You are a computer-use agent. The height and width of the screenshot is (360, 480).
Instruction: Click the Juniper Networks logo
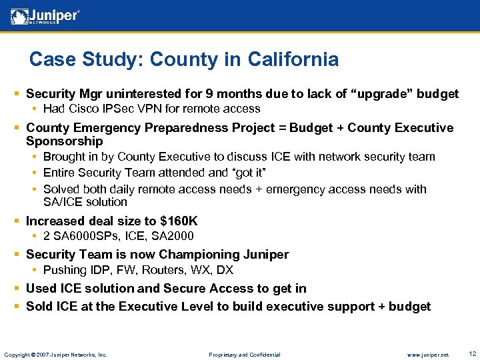(x=45, y=17)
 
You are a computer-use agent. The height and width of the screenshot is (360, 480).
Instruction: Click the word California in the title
(x=293, y=59)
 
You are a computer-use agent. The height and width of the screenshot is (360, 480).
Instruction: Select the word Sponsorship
(x=64, y=141)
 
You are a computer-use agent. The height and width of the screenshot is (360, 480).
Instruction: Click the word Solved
(x=61, y=189)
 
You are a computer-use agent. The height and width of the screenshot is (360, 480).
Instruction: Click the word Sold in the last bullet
(x=39, y=306)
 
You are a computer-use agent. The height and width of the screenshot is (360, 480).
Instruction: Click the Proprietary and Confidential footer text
(x=244, y=354)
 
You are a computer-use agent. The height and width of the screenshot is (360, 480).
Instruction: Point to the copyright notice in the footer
(x=55, y=354)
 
